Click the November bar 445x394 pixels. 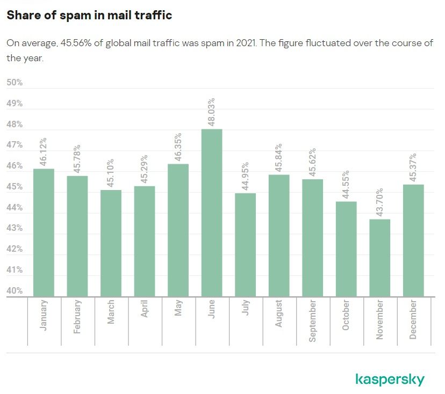380,258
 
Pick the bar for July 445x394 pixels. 246,245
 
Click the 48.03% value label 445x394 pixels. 212,112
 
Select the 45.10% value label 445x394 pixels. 111,173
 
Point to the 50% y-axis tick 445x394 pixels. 15,83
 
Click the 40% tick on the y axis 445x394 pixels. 15,291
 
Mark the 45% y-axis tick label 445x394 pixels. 15,187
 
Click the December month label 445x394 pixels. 413,320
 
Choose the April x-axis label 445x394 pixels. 145,312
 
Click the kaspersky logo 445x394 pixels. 390,380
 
